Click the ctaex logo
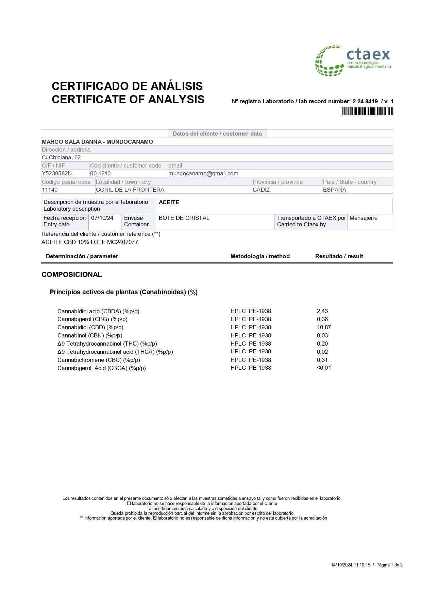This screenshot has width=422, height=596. tap(353, 61)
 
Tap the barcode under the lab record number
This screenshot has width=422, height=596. tap(367, 111)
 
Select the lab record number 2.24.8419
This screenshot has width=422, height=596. tap(365, 101)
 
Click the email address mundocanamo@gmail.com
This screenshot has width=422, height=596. tap(203, 173)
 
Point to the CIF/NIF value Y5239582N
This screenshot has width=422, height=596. tap(57, 173)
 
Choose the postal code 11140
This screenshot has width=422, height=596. tap(50, 190)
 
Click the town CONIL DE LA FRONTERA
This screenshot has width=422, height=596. tap(130, 190)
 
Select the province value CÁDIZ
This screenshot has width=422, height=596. tap(261, 190)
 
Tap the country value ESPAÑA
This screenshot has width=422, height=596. tap(335, 190)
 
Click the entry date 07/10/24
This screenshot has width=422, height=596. tap(102, 218)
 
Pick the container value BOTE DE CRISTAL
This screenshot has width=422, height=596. tap(184, 218)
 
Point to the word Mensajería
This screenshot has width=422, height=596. tap(363, 218)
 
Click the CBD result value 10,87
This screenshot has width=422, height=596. tap(324, 327)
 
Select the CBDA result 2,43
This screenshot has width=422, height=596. tap(322, 311)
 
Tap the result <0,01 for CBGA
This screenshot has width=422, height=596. tap(324, 368)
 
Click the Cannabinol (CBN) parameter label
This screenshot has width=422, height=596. tap(90, 335)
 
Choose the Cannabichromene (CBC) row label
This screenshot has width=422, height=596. tap(99, 360)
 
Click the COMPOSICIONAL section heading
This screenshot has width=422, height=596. tap(71, 275)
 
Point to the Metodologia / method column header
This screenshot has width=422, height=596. tap(260, 256)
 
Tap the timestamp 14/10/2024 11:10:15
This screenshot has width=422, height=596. tap(350, 565)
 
